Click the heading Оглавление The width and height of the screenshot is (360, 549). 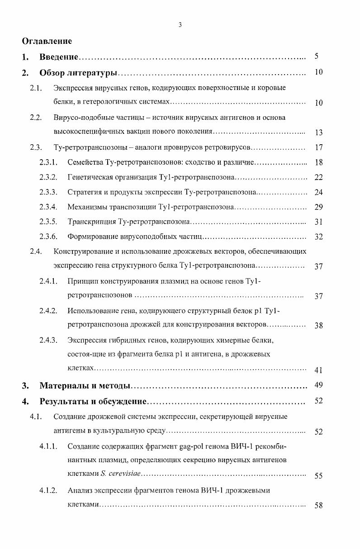tap(47, 41)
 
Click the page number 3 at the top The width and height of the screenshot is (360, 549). tap(180, 25)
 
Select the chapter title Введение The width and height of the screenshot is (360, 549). tap(59, 57)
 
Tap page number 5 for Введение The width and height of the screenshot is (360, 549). tap(317, 57)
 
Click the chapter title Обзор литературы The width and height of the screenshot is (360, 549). tap(78, 72)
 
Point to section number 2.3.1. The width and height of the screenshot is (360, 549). tap(48, 162)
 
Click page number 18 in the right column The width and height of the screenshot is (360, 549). tap(318, 163)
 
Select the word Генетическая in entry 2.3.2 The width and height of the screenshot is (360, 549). tap(89, 177)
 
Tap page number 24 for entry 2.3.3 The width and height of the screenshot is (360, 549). tap(318, 193)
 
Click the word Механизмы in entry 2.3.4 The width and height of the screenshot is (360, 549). tap(85, 207)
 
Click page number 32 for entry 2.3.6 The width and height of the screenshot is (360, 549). tap(318, 237)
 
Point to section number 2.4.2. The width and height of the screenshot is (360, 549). tap(48, 311)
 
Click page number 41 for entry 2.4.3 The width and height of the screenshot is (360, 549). tap(318, 370)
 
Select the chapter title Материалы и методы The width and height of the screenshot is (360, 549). tap(85, 386)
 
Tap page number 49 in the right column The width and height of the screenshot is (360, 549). tap(318, 385)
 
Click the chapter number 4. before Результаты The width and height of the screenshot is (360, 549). tap(26, 401)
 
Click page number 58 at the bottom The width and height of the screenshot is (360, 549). tap(318, 506)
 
